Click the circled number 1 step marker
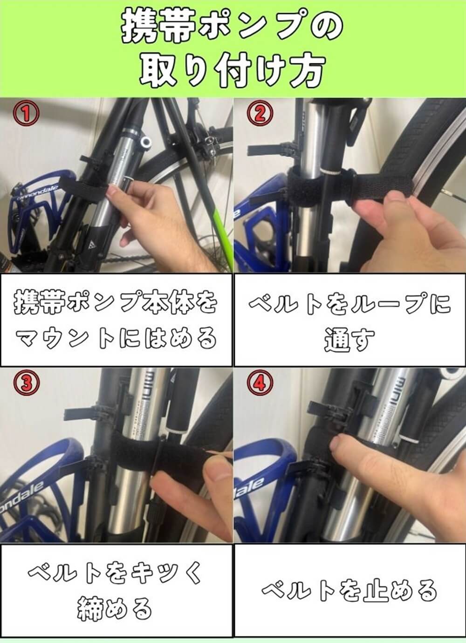tap(26, 114)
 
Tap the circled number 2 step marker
tap(260, 114)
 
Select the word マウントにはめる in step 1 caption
tap(116, 338)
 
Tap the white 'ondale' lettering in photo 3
tap(22, 494)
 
